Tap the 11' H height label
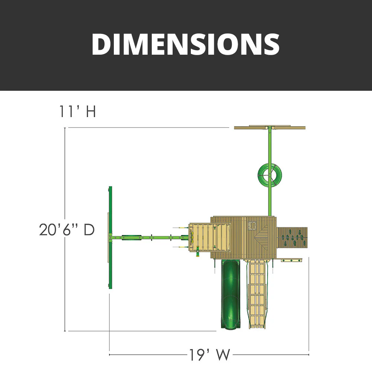coord(77,111)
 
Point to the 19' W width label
coord(209,355)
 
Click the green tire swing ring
coord(270,174)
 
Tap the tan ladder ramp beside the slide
coord(257,294)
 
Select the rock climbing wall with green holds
coord(293,238)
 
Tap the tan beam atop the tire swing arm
coord(270,128)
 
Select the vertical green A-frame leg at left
coord(110,237)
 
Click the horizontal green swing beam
coord(149,237)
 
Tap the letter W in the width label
coord(224,355)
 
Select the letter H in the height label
coord(90,111)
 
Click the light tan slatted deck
coord(210,238)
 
